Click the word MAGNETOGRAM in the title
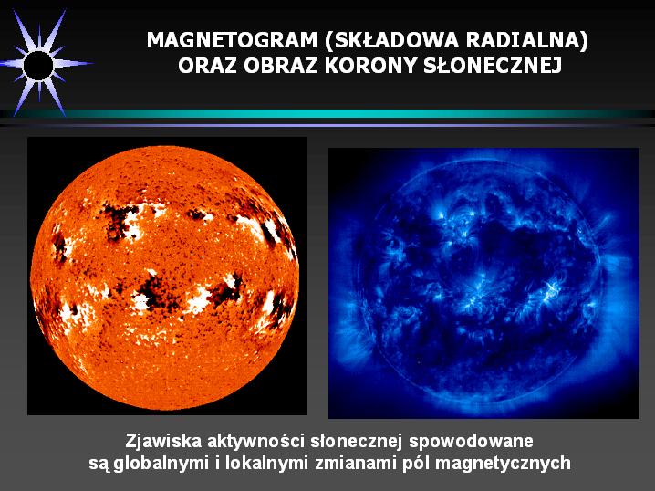click(232, 40)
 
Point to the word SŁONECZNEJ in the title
click(493, 66)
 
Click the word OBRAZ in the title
click(280, 66)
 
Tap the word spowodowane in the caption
click(472, 443)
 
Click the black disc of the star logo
click(38, 66)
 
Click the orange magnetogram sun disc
click(165, 277)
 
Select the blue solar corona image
click(483, 283)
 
